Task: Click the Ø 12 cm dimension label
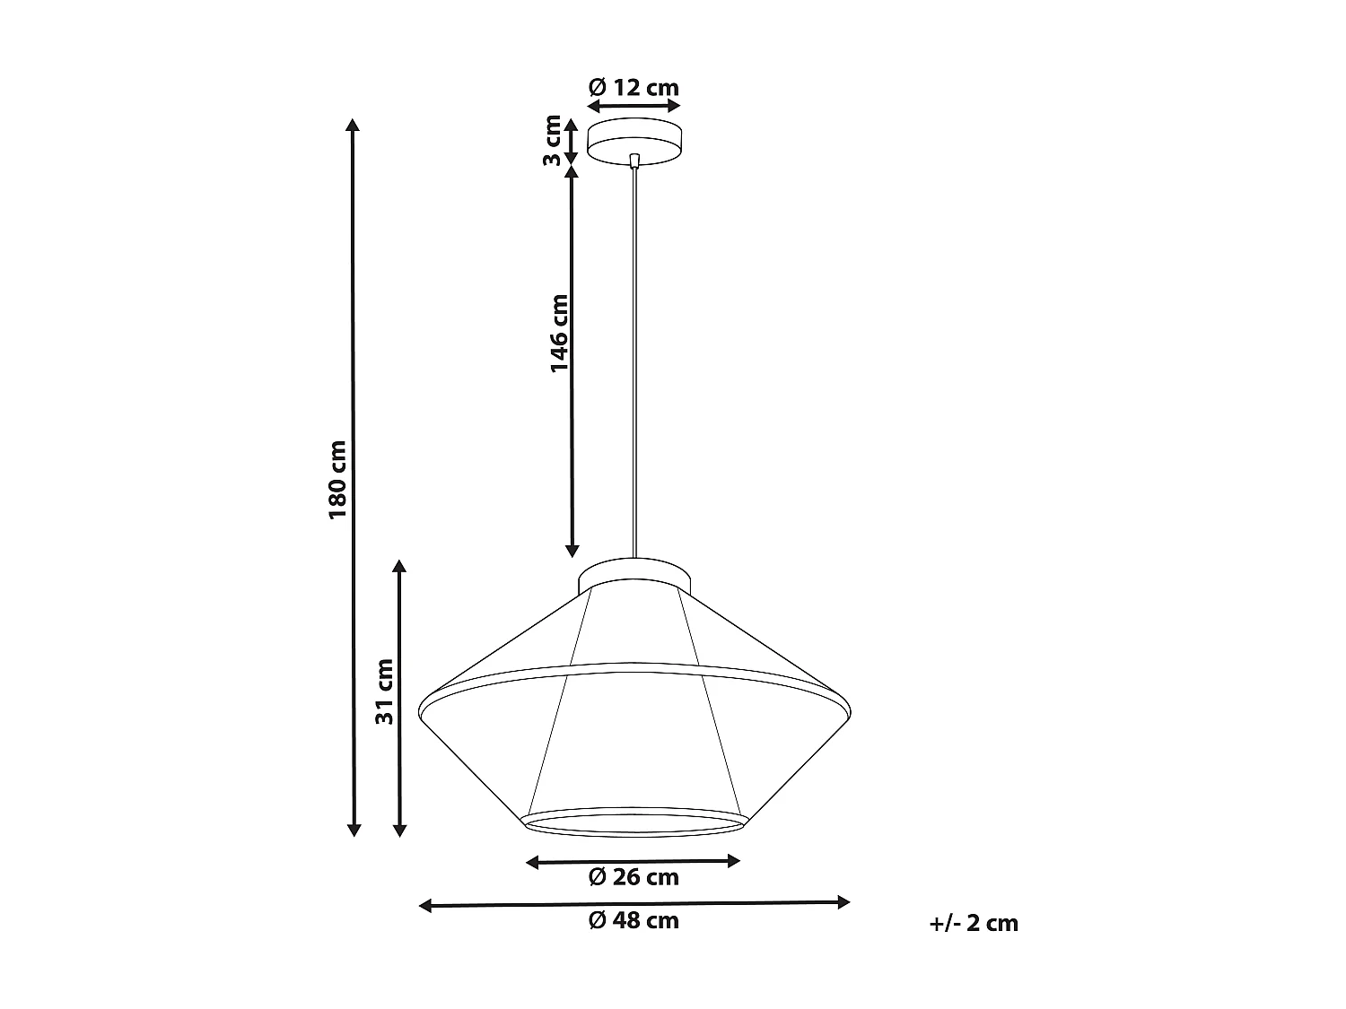(x=634, y=87)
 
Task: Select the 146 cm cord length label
(x=559, y=333)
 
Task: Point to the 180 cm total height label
(x=336, y=479)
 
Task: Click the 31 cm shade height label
(x=384, y=692)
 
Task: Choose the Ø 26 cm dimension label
(x=634, y=877)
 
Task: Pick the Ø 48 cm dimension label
(x=634, y=920)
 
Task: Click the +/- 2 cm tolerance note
(x=974, y=923)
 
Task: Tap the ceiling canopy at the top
(x=634, y=139)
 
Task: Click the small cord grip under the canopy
(x=634, y=161)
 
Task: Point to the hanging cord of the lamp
(x=635, y=359)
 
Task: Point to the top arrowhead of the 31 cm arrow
(x=400, y=567)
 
